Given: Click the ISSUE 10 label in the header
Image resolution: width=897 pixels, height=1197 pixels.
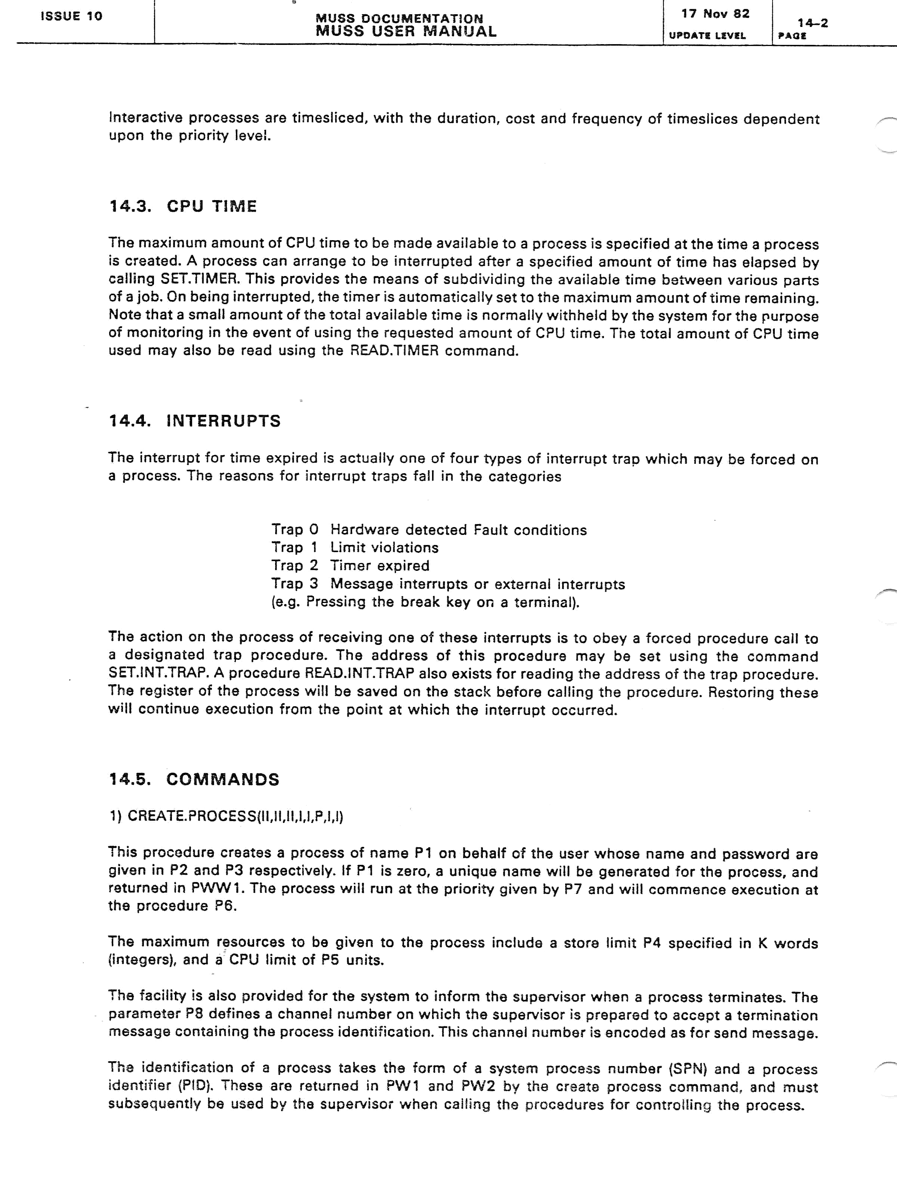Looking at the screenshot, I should click(x=71, y=16).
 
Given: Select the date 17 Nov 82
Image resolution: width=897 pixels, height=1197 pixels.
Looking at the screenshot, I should click(x=715, y=14).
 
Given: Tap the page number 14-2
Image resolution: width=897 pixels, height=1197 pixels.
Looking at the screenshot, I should click(x=813, y=23).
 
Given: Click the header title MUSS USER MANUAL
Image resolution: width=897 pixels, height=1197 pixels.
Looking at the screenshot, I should click(x=406, y=31).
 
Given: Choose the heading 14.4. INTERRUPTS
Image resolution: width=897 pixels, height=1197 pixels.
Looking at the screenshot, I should click(x=195, y=420).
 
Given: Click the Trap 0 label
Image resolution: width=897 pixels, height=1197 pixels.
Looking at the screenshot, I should click(x=295, y=529).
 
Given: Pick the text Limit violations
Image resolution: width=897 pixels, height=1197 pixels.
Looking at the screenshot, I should click(x=385, y=548).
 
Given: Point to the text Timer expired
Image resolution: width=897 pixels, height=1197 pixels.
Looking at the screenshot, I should click(x=380, y=566).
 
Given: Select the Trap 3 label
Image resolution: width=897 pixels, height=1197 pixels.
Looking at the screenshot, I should click(x=295, y=584).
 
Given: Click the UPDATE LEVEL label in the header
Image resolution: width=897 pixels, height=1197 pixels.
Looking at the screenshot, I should click(x=707, y=36).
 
